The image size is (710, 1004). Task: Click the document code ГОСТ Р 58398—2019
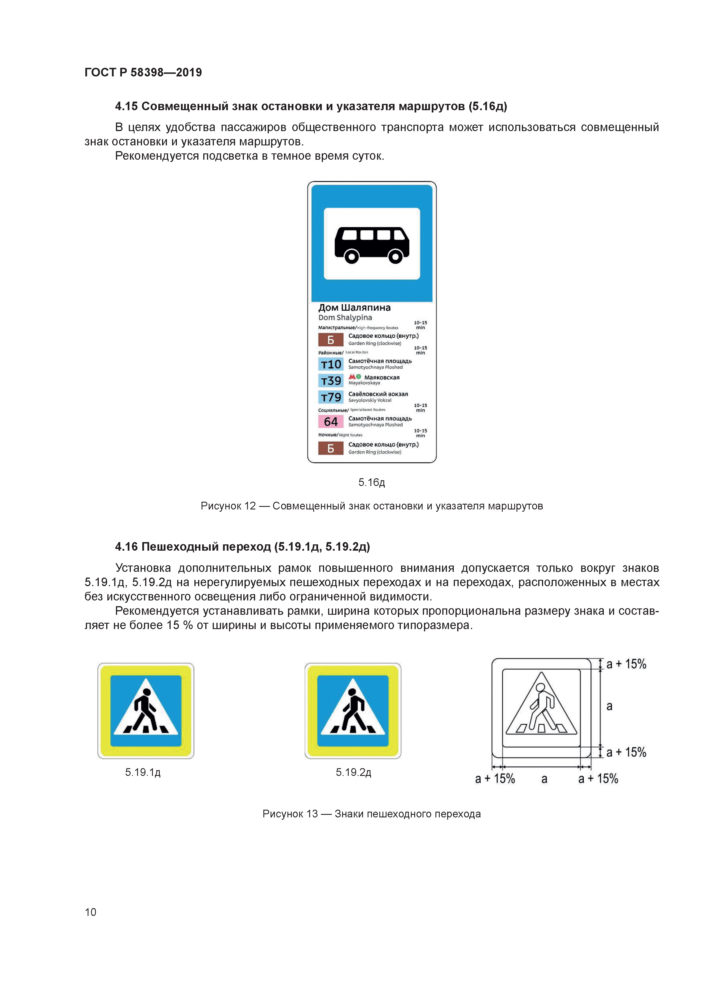(x=143, y=73)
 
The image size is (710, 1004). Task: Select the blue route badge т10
(x=331, y=364)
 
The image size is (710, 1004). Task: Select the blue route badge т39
(x=331, y=381)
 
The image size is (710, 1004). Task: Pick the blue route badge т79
(x=331, y=397)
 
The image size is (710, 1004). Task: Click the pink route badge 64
(x=331, y=422)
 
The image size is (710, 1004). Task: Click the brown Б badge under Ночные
(x=331, y=448)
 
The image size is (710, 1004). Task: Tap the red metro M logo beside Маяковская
(x=352, y=377)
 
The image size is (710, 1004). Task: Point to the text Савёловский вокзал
(x=378, y=394)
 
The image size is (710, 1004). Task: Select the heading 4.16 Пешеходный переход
(x=242, y=547)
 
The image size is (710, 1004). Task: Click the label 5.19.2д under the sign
(x=354, y=772)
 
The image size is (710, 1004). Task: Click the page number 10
(x=90, y=912)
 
